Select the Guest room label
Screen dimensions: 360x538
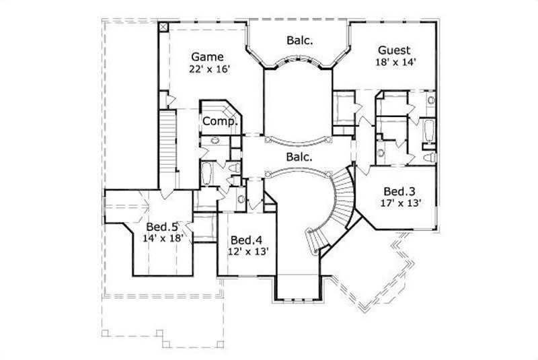pyautogui.click(x=395, y=50)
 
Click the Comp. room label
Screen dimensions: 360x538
pyautogui.click(x=221, y=122)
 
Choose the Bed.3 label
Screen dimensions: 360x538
pyautogui.click(x=399, y=190)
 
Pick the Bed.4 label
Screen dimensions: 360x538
pyautogui.click(x=245, y=240)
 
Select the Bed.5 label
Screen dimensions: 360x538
pyautogui.click(x=161, y=226)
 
